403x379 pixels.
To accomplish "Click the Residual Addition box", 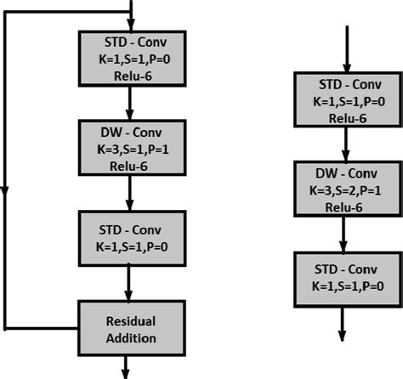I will tap(130, 327).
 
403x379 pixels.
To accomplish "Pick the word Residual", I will tap(130, 321).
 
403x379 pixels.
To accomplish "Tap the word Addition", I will tap(130, 337).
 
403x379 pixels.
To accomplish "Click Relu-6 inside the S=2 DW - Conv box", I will tap(344, 206).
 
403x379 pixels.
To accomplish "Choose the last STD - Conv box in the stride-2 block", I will tap(344, 278).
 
